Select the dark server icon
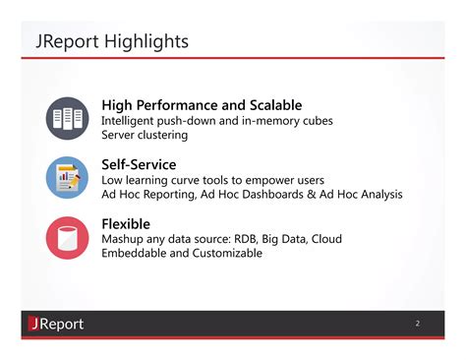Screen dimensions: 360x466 [x=67, y=119]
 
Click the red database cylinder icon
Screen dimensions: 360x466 [x=67, y=237]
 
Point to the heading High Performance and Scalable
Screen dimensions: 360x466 [x=202, y=105]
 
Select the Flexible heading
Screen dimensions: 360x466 [x=131, y=223]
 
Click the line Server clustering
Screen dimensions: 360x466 [x=145, y=135]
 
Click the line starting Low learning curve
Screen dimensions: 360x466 [x=212, y=180]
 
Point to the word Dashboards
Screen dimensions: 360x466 [x=260, y=195]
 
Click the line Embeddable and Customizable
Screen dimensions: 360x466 [x=182, y=254]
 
